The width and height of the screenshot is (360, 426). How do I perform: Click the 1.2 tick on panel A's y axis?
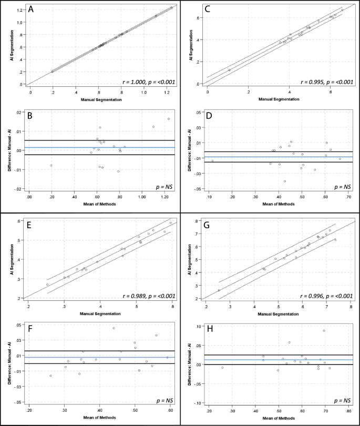coord(19,10)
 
